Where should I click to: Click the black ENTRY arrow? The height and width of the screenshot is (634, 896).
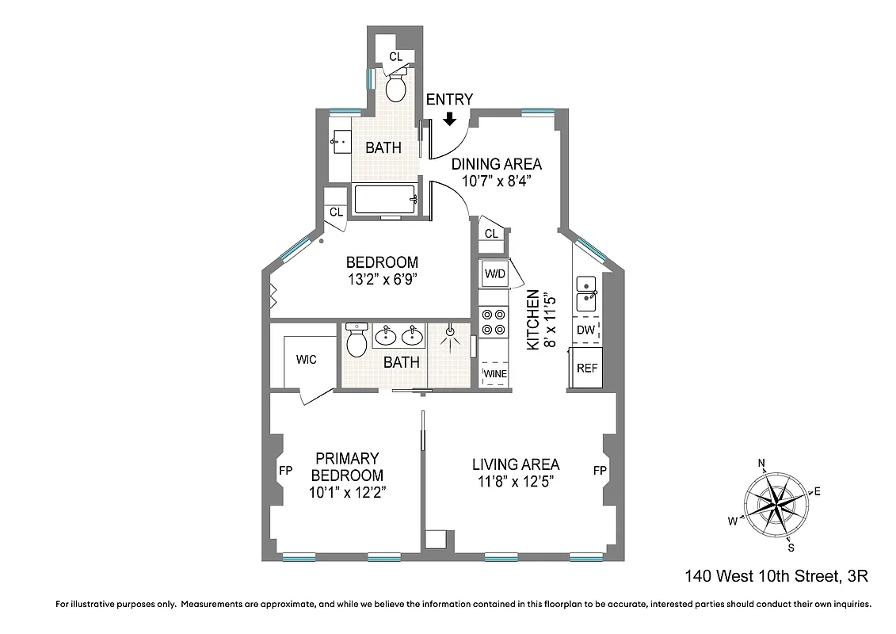click(449, 119)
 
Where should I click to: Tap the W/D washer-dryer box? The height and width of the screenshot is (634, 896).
click(494, 273)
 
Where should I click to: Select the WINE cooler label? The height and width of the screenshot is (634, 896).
click(495, 374)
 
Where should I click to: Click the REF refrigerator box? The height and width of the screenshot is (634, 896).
click(586, 368)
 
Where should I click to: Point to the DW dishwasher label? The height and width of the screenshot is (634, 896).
click(585, 330)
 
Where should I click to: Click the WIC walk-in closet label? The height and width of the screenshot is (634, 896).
click(306, 360)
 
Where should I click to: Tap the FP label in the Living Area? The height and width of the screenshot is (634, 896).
click(600, 471)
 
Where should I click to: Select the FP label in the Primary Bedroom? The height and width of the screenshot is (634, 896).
click(286, 471)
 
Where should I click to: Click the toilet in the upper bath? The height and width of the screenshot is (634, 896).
click(396, 86)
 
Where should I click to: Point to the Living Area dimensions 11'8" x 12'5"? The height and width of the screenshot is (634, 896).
click(516, 482)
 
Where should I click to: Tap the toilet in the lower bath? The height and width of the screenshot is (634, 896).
click(356, 341)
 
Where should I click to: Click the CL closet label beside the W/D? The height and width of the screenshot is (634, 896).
click(491, 233)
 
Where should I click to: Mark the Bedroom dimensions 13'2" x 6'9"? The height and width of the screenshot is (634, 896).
click(382, 279)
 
